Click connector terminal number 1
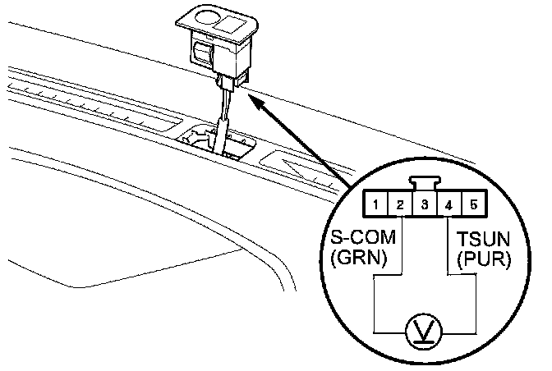373,203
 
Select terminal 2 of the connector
397,203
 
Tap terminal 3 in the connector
422,203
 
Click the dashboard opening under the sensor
222,142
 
